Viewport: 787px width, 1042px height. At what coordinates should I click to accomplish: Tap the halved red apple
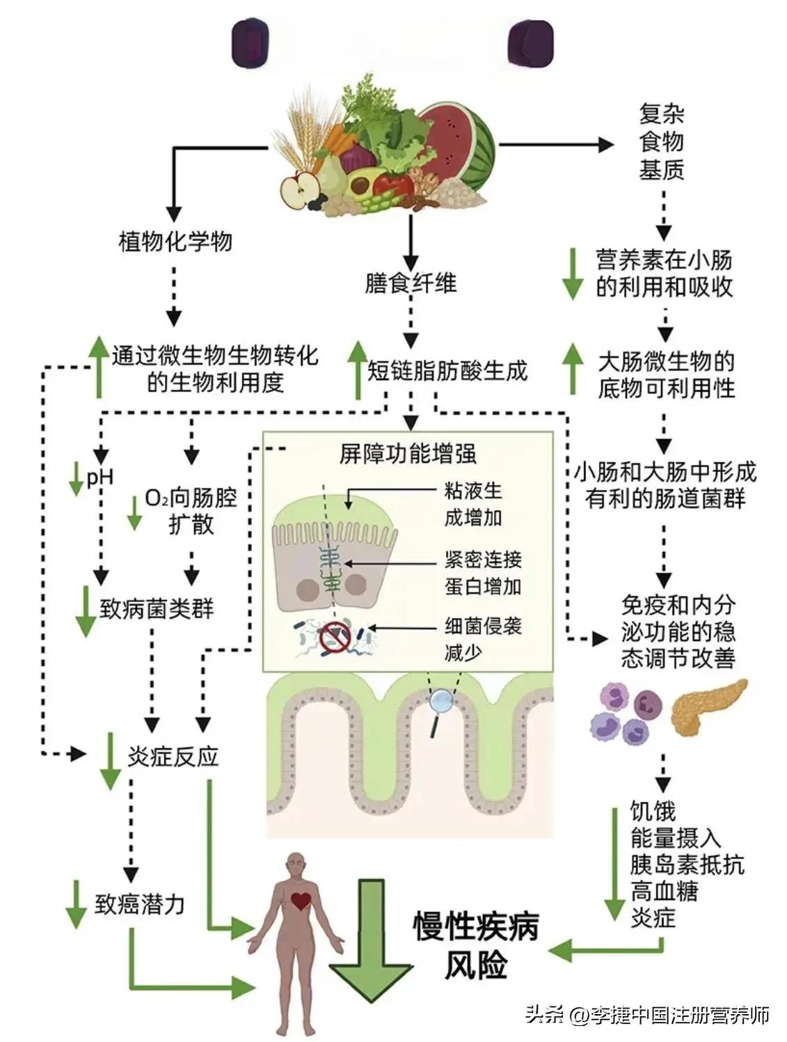(x=300, y=190)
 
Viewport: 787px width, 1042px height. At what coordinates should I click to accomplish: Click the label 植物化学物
(x=175, y=242)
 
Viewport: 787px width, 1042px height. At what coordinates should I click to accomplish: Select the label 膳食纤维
(x=411, y=283)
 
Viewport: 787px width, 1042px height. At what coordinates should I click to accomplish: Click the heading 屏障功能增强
(x=408, y=454)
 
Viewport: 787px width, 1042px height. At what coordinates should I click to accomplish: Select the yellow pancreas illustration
(x=708, y=707)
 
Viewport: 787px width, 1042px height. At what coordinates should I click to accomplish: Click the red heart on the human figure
(x=301, y=901)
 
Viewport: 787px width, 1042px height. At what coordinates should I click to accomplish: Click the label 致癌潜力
(x=140, y=904)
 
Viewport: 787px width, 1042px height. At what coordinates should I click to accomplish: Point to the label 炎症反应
(x=173, y=757)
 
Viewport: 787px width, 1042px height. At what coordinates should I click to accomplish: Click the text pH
(x=100, y=478)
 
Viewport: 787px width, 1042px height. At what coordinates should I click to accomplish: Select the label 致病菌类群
(x=157, y=609)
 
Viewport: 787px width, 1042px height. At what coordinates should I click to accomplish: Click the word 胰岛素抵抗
(x=687, y=864)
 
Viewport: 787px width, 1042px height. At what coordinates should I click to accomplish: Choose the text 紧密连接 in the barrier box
(x=483, y=560)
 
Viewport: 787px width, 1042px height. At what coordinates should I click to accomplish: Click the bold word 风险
(x=476, y=965)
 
